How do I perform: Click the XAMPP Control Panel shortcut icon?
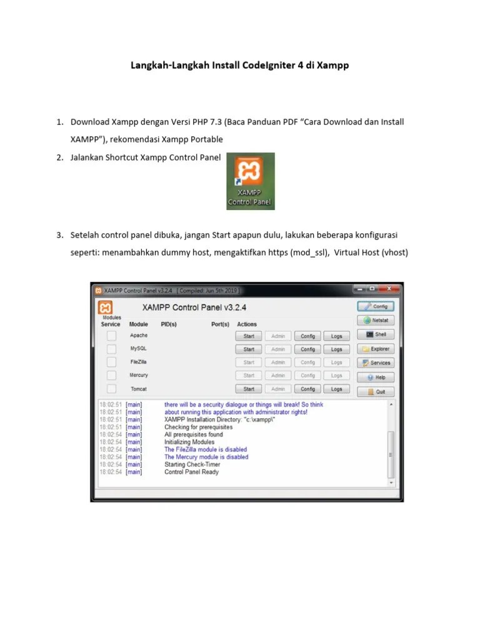[x=250, y=181]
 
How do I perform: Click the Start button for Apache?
[x=249, y=336]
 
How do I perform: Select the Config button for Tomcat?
[x=307, y=389]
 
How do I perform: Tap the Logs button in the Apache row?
[x=336, y=336]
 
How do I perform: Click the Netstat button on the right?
[x=376, y=320]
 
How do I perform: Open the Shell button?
[x=376, y=334]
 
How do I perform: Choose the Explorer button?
[x=376, y=349]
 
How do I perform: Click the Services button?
[x=376, y=362]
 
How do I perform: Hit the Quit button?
[x=376, y=392]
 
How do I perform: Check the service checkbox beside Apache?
[x=111, y=336]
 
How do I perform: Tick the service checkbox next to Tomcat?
[x=111, y=389]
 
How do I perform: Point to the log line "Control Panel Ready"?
[x=191, y=472]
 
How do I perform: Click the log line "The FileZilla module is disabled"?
[x=206, y=449]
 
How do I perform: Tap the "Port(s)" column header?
[x=220, y=324]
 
